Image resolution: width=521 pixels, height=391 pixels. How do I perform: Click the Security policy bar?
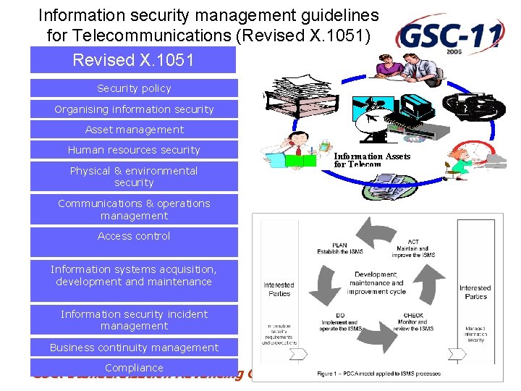pos(134,88)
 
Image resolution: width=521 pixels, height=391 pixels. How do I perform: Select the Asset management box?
pos(134,130)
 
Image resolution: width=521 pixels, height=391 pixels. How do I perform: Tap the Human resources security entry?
pos(134,150)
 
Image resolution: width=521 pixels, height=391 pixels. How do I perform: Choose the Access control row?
pos(134,236)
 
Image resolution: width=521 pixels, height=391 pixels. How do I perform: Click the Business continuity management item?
pos(134,348)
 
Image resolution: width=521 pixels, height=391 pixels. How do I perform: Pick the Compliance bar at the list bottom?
pos(134,368)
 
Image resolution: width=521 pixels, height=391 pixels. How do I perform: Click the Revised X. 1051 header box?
pos(133,60)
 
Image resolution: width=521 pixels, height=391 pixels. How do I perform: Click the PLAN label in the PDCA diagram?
pos(339,248)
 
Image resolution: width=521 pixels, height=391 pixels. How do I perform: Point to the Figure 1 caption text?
pos(378,374)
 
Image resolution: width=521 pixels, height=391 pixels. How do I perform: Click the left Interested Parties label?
pos(279,289)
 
